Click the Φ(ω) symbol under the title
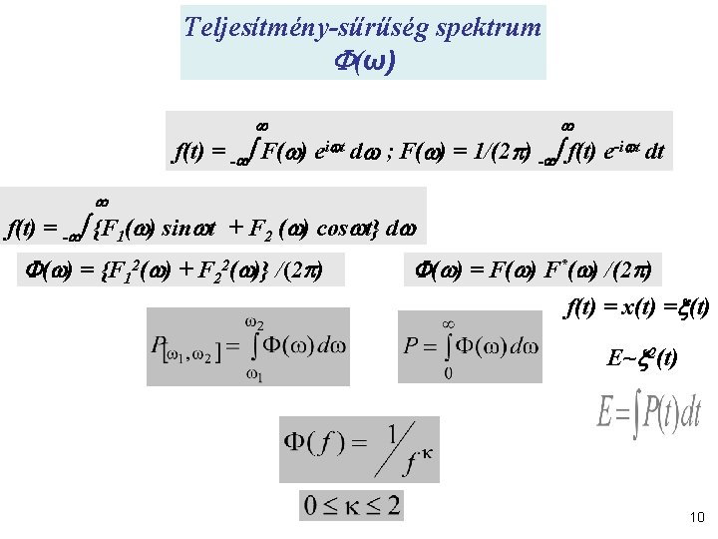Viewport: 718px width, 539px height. (x=362, y=62)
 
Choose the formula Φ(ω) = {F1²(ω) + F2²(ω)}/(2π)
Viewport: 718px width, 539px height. (x=176, y=270)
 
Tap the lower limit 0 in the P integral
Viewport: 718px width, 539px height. (x=447, y=374)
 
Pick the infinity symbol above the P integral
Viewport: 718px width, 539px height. (x=448, y=322)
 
